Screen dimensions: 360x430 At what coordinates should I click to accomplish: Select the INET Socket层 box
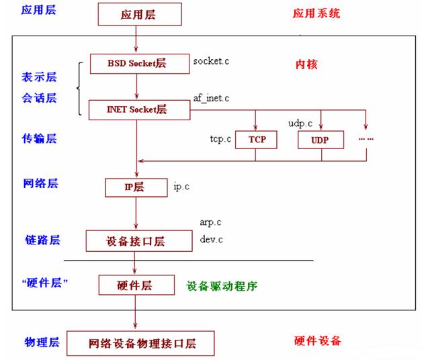tap(138, 109)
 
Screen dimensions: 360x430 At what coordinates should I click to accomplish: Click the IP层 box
tap(136, 187)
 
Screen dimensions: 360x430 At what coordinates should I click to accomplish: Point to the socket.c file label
tap(212, 61)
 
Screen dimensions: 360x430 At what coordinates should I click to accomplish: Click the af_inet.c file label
tap(212, 98)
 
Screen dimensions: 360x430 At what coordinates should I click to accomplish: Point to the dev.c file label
tap(211, 238)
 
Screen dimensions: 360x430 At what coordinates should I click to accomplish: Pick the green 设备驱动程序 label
tap(222, 285)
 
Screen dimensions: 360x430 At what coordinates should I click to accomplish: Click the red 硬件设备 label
tap(317, 341)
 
